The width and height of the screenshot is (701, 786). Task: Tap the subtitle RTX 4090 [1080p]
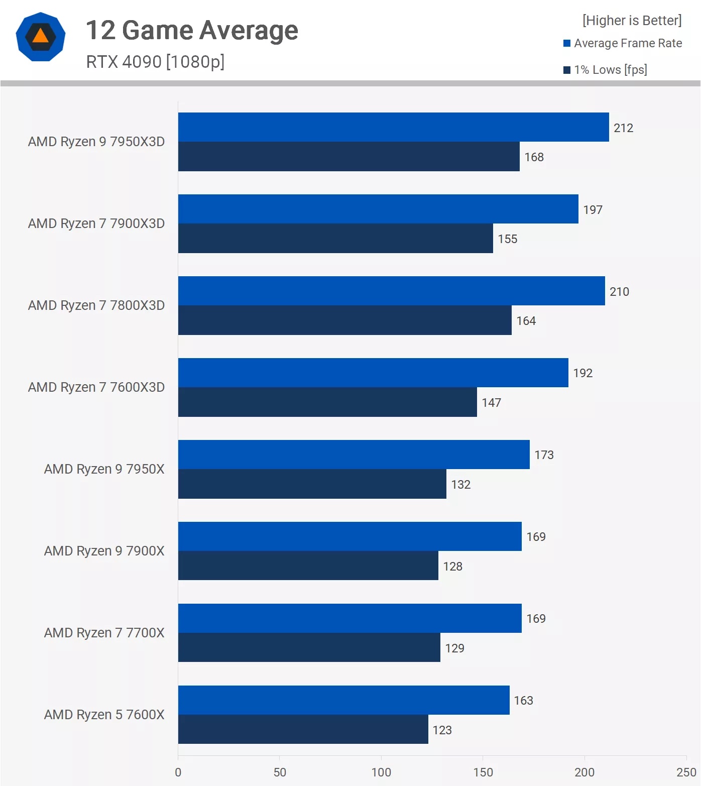[x=155, y=62]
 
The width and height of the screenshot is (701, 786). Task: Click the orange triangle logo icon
[x=41, y=37]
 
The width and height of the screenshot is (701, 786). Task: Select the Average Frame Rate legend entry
[x=623, y=43]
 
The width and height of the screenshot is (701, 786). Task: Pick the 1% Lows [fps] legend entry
[x=606, y=70]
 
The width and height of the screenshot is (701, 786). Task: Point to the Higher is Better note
[x=632, y=21]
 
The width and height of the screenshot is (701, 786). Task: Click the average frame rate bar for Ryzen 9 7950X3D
[x=393, y=127]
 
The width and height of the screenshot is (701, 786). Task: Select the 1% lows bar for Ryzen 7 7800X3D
[x=344, y=320]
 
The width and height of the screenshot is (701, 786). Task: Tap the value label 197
[x=593, y=210]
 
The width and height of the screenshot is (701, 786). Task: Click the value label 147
[x=491, y=403]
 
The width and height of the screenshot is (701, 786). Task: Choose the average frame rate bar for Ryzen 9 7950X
[x=354, y=455]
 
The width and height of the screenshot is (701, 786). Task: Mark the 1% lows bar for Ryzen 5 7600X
[x=303, y=729]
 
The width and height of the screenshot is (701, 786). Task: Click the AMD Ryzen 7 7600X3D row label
[x=96, y=387]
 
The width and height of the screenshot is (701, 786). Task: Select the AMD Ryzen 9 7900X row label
[x=104, y=551]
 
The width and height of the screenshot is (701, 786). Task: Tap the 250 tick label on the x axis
[x=686, y=772]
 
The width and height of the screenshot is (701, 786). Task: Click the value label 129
[x=454, y=648]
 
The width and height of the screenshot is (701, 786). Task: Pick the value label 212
[x=623, y=128]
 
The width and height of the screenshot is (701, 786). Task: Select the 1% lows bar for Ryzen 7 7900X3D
[x=335, y=239]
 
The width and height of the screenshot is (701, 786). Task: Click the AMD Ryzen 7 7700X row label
[x=104, y=633]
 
